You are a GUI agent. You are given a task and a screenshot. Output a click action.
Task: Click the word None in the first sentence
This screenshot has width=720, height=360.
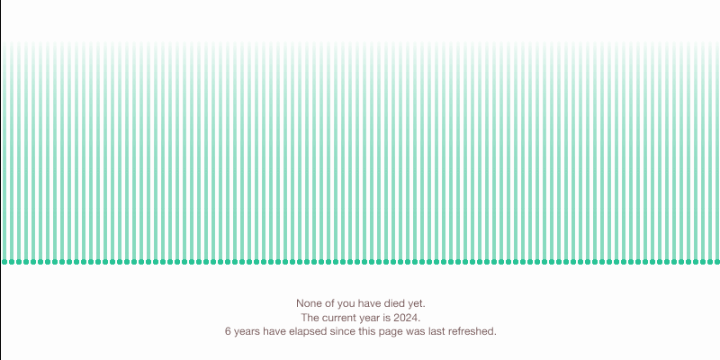point(307,303)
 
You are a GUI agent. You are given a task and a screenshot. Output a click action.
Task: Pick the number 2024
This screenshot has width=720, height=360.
point(407,318)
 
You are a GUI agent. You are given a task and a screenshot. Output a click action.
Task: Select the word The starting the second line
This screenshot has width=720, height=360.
point(310,318)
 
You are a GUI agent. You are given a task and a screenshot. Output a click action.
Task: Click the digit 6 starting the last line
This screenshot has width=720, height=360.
point(228,331)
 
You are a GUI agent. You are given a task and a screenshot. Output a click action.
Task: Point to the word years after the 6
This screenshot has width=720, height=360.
point(247,332)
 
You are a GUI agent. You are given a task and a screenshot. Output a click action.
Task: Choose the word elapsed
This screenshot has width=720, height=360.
point(309,331)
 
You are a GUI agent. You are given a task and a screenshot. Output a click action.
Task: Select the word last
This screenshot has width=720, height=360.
point(436,331)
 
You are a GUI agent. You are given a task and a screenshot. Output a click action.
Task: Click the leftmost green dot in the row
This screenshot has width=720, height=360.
point(4,262)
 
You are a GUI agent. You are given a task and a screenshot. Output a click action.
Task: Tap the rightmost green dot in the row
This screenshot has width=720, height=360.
point(716,262)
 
